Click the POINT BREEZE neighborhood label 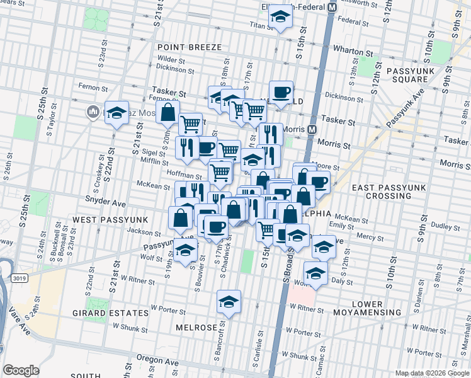(x=189, y=47)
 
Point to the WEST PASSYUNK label (x=110, y=219)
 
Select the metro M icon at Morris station (x=311, y=129)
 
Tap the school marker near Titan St (x=279, y=20)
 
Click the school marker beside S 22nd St (x=116, y=113)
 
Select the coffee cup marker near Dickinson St (x=281, y=92)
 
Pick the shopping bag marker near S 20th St (x=168, y=113)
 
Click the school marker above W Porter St (x=229, y=301)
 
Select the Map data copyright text (x=431, y=373)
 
